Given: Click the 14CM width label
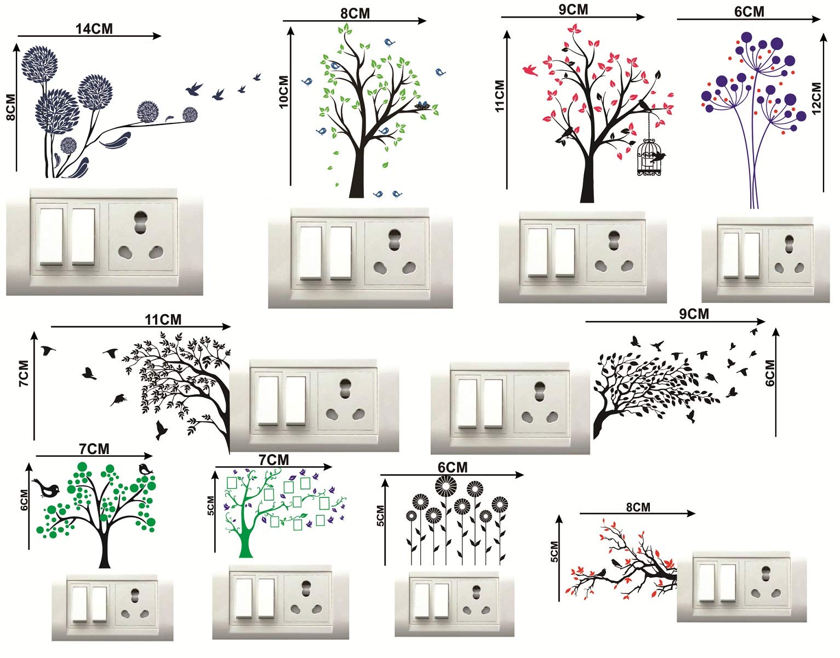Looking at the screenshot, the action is [x=94, y=29].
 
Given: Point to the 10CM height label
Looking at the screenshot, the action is [x=284, y=92].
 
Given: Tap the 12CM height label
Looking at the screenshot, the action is [x=816, y=98].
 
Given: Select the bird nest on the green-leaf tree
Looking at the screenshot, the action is [x=423, y=105].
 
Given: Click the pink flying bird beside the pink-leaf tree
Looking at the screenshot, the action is [x=530, y=70].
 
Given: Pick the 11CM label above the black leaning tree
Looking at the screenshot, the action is [x=163, y=320].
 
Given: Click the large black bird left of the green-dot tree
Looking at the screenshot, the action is [x=47, y=488].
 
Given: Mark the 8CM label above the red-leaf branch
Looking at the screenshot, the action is [x=638, y=507].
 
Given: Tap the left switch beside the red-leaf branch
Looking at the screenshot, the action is [x=707, y=582].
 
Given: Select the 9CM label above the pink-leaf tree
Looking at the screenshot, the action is [x=573, y=10].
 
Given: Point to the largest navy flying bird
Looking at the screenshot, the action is [x=195, y=89].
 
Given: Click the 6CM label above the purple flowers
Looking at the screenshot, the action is [x=749, y=12].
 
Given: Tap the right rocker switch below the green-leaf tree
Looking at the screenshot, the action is [x=341, y=253].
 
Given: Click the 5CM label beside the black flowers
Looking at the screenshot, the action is [x=381, y=515].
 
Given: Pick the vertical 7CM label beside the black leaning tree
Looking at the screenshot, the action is [x=24, y=373].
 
